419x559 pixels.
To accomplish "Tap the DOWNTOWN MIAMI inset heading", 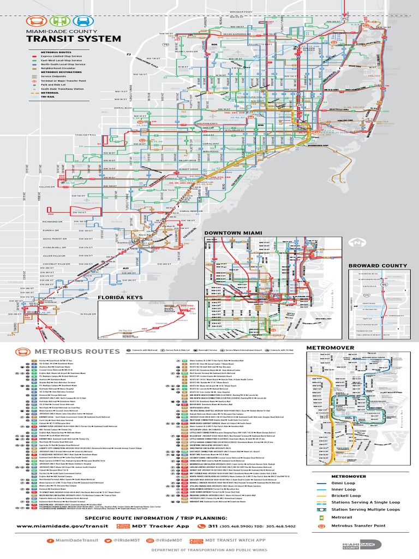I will [x=233, y=233].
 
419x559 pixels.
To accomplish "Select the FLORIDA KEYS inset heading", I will [x=120, y=298].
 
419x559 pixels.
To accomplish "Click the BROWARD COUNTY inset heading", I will [x=378, y=265].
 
